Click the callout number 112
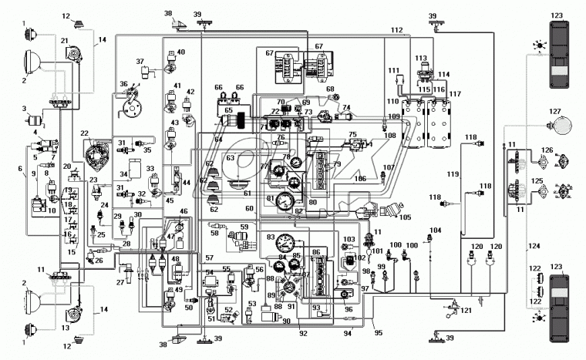tap(396, 30)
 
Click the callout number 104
tap(435, 230)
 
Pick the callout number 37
tap(140, 61)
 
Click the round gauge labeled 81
tap(285, 204)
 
